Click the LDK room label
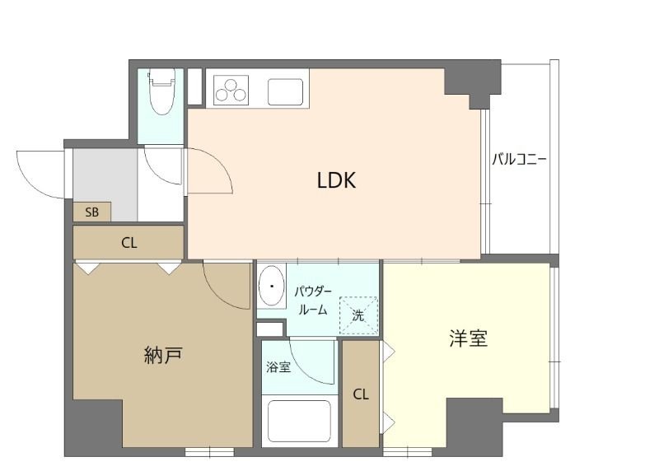336,180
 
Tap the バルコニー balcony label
520,159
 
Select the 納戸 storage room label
162,356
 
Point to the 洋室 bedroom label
468,339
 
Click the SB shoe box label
91,212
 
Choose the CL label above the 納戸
129,243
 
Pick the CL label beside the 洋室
361,394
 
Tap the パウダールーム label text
313,301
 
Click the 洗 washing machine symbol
358,314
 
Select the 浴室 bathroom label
278,367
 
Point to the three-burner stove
231,88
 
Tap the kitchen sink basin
285,91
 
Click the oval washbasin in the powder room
270,287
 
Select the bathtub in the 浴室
297,420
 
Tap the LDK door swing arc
211,170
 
